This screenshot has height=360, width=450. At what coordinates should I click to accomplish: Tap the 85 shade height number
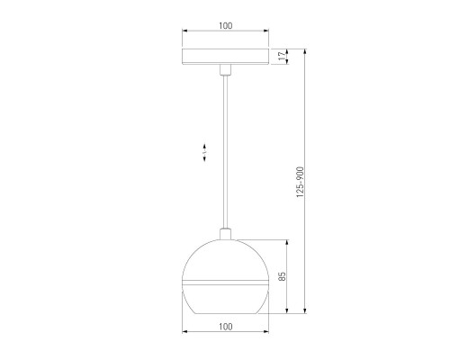[281, 277]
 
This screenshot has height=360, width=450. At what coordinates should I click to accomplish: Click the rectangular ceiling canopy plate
[225, 57]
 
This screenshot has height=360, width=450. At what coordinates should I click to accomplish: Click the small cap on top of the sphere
[225, 235]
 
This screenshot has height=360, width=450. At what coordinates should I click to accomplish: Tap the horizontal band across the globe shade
[225, 283]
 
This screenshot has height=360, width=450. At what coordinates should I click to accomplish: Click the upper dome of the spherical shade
[225, 261]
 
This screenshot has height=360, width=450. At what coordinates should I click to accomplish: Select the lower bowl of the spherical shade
[225, 300]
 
